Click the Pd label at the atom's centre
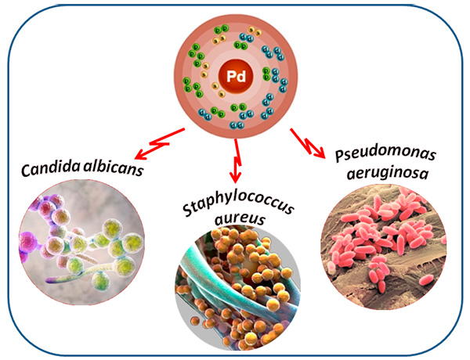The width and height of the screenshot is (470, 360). tap(234, 76)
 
